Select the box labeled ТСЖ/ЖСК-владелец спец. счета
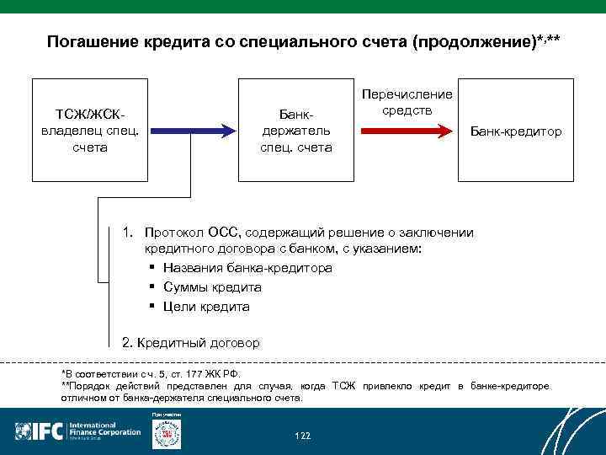coord(90,130)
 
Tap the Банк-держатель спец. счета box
coord(296,130)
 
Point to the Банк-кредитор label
coord(516,131)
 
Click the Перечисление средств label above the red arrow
coord(407,103)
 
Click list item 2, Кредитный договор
coord(191,343)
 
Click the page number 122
coord(302,436)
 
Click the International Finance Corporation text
coord(104,430)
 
